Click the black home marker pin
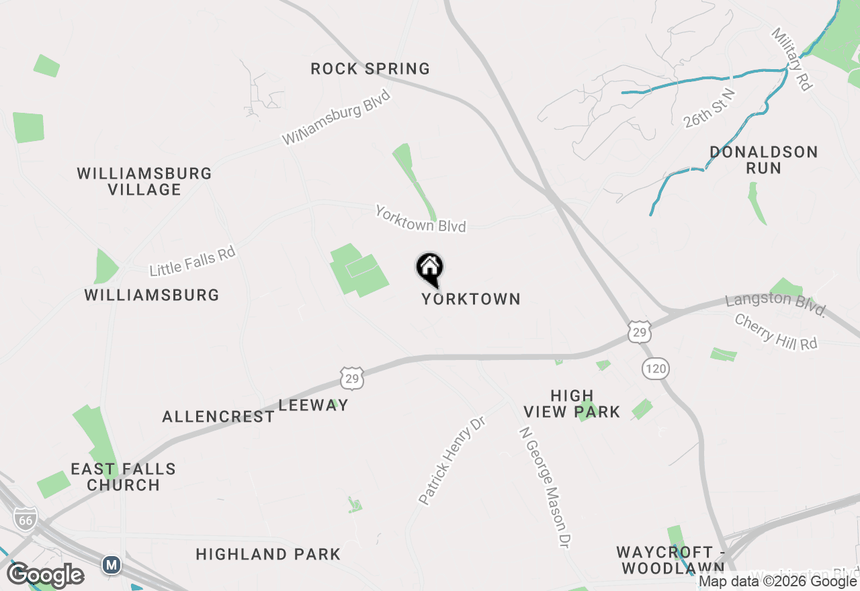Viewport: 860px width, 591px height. [430, 269]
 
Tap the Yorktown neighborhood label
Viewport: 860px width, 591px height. [471, 299]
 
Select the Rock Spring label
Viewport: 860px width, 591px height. [370, 69]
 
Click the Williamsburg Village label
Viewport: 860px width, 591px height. [144, 181]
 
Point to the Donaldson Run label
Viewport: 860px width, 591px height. [764, 160]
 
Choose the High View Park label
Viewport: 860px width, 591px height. [572, 404]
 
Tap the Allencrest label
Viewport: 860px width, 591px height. [218, 416]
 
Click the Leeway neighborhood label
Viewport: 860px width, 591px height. [314, 405]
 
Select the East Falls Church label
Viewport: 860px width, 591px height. [124, 477]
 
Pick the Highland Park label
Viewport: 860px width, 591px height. [268, 554]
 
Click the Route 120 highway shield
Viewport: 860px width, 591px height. [655, 368]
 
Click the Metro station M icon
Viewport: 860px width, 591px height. [112, 565]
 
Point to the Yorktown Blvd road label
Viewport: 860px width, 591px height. [421, 219]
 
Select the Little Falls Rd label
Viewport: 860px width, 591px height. [192, 261]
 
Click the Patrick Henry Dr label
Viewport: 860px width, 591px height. [451, 460]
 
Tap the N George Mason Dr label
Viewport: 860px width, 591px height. [546, 488]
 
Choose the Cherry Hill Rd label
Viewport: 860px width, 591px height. [776, 332]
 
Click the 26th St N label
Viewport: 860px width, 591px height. [709, 107]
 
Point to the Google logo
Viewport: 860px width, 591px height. [46, 576]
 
